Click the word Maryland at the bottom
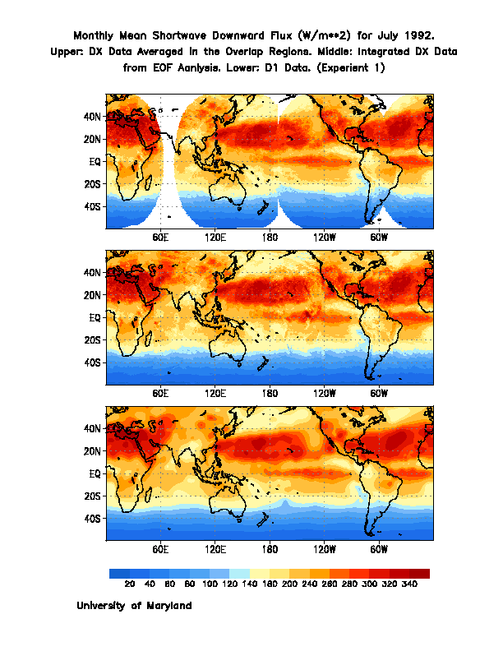pyautogui.click(x=164, y=606)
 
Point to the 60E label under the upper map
pyautogui.click(x=160, y=236)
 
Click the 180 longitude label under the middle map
pyautogui.click(x=270, y=392)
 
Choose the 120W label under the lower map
pyautogui.click(x=324, y=548)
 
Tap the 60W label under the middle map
pyautogui.click(x=378, y=392)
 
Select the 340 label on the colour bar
pyautogui.click(x=409, y=584)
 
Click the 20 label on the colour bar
pyautogui.click(x=129, y=584)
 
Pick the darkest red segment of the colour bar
pyautogui.click(x=419, y=573)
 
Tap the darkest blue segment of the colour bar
pyautogui.click(x=119, y=573)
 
